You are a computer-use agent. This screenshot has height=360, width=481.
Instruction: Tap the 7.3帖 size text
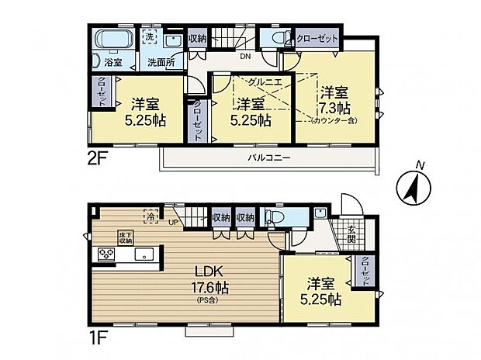pos(334,107)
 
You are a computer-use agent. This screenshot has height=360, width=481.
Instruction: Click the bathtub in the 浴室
pos(112,40)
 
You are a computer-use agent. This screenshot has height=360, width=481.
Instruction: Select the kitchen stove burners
pos(106,254)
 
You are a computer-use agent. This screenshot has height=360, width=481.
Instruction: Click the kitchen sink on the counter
pos(144,254)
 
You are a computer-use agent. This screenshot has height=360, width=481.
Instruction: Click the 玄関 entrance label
pos(351,234)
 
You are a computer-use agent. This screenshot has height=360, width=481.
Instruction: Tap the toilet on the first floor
pos(274,217)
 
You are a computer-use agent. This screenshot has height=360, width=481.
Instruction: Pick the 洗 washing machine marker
pos(151,36)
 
